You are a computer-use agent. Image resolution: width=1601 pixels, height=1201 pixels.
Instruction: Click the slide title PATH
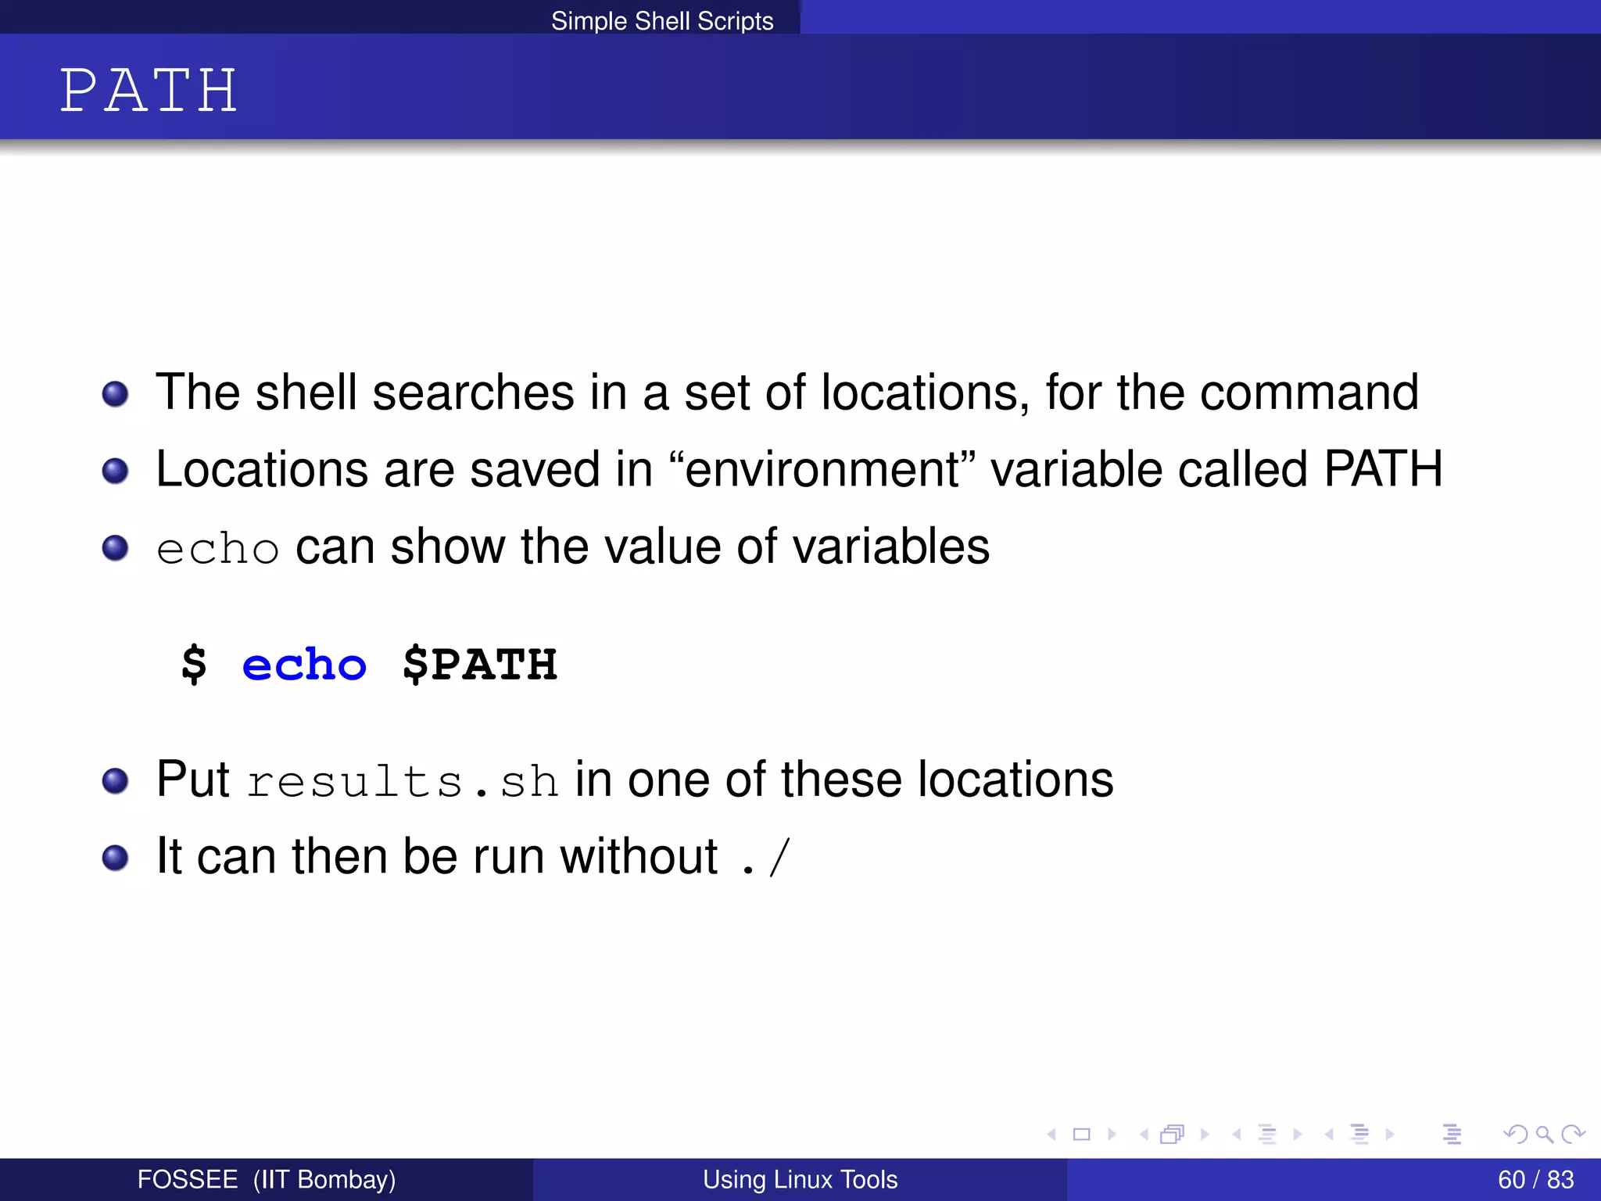149,91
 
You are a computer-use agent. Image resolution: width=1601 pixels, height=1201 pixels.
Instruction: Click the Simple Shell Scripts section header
661,20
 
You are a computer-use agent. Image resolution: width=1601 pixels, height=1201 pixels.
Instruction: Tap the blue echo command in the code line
304,665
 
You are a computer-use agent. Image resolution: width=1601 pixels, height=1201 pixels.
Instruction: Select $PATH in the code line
480,665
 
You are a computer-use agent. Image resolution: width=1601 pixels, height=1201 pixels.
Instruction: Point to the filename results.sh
403,781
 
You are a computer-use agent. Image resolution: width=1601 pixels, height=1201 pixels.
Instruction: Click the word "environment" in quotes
822,469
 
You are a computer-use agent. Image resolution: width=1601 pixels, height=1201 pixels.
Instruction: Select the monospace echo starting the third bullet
217,548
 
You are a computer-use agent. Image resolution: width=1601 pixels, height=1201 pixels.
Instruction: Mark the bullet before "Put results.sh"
115,780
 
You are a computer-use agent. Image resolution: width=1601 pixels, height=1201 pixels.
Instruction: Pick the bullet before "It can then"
115,858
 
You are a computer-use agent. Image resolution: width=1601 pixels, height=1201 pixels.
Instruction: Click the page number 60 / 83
1535,1179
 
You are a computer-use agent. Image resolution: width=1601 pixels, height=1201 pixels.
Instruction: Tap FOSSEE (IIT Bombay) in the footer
266,1179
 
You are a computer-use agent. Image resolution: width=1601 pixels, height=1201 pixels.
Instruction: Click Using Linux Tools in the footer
800,1179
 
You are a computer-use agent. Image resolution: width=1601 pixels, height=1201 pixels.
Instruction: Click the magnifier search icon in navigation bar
1544,1134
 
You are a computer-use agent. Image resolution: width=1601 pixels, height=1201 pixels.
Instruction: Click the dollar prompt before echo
194,665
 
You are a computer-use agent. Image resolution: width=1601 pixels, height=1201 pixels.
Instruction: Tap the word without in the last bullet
638,857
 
